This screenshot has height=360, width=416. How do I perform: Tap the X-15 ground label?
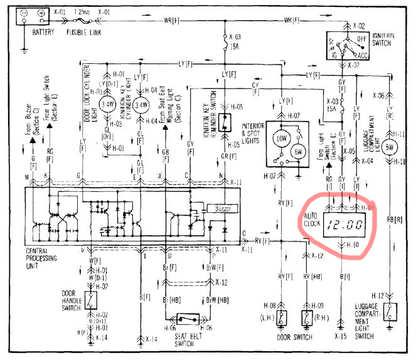[342, 336]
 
